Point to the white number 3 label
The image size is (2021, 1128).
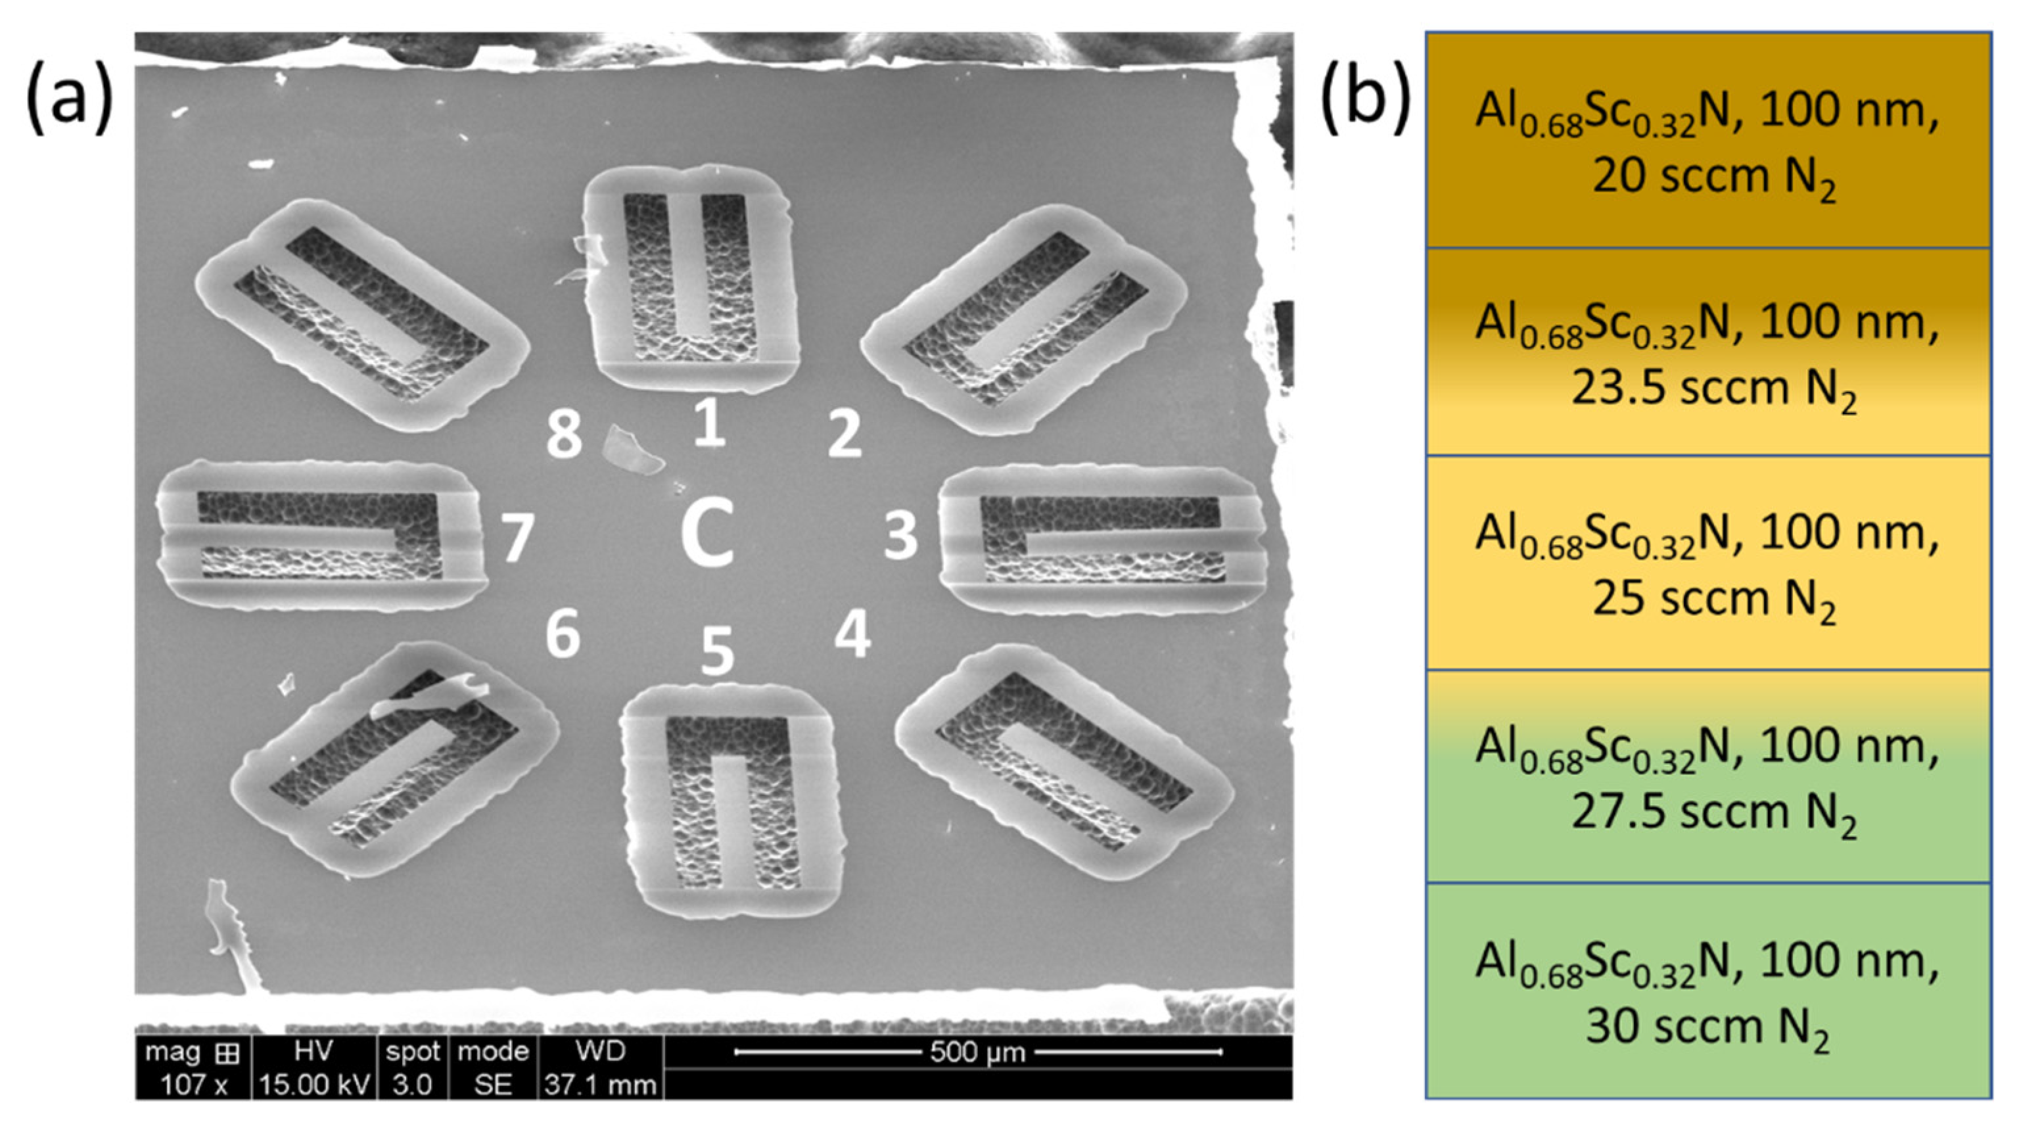pos(900,535)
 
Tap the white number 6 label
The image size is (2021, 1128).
pos(563,633)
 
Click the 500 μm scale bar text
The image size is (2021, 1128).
pos(977,1051)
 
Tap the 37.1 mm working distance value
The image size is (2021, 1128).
pos(600,1085)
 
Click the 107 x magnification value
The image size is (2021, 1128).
pos(193,1085)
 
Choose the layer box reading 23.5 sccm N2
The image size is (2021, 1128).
pos(1708,352)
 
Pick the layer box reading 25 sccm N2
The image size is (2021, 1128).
pos(1708,563)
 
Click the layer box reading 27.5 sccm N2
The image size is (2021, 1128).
pos(1708,776)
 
